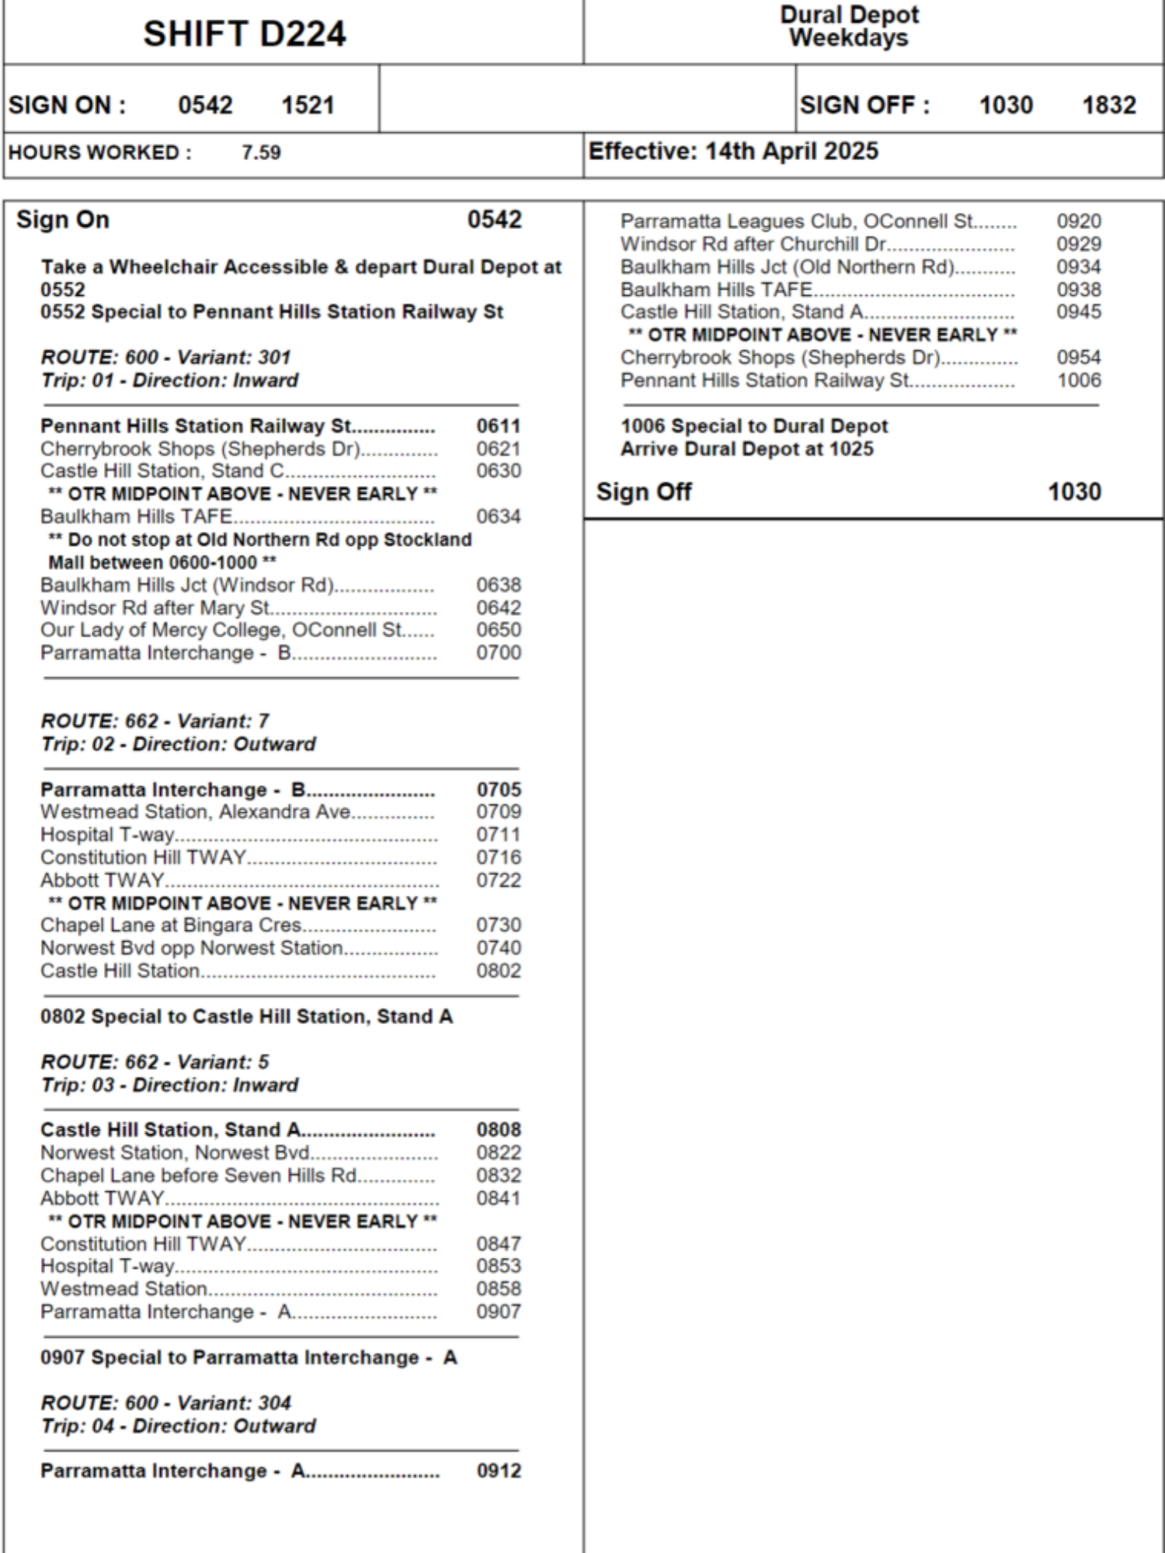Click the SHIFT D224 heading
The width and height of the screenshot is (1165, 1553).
[x=244, y=34]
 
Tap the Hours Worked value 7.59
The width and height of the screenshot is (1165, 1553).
[x=261, y=152]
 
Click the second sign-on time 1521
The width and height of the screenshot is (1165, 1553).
[x=308, y=105]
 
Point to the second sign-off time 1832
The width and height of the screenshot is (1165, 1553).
[x=1109, y=105]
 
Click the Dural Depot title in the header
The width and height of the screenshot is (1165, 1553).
[x=849, y=15]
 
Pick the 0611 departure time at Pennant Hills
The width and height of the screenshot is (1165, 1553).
[x=498, y=426]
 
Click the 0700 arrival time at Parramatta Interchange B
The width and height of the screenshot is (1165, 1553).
[x=498, y=652]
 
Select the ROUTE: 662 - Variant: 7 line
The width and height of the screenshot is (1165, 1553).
[x=155, y=721]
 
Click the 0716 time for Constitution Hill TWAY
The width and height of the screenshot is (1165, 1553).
[x=498, y=857]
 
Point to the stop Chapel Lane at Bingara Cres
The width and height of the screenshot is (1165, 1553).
[x=171, y=925]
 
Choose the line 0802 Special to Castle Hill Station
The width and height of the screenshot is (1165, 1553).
[x=246, y=1016]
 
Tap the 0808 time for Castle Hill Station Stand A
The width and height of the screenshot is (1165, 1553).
[x=498, y=1130]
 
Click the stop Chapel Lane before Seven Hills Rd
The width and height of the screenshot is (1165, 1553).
[x=199, y=1176]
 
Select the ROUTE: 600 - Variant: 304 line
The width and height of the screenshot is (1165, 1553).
[x=166, y=1403]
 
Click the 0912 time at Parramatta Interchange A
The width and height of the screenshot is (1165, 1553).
[x=498, y=1471]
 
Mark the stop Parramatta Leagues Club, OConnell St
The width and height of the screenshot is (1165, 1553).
[x=796, y=221]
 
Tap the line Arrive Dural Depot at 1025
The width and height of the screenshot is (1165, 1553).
[x=746, y=449]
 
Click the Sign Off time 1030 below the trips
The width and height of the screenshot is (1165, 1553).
[x=1074, y=492]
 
